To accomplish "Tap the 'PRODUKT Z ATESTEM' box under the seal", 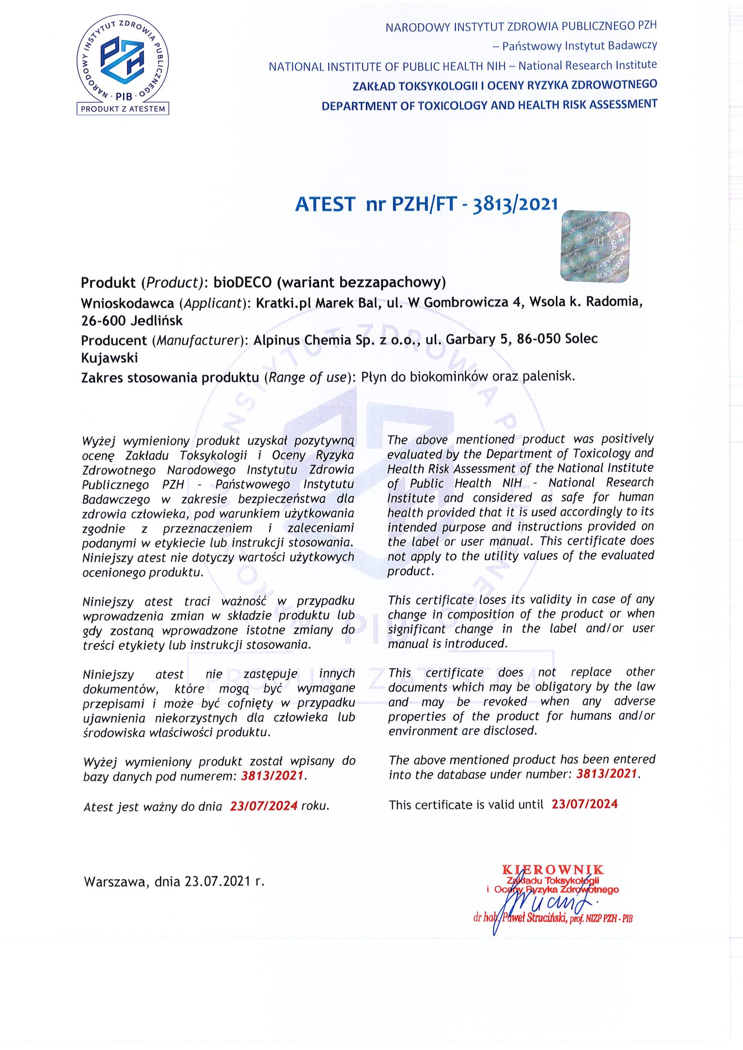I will click(123, 109).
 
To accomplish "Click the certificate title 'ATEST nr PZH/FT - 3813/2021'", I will click(426, 204).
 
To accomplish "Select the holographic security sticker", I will click(595, 246).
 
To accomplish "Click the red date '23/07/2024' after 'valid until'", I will click(585, 804).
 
